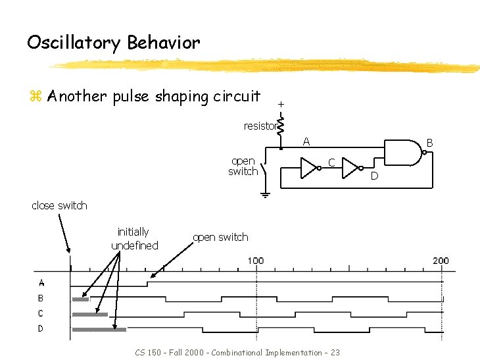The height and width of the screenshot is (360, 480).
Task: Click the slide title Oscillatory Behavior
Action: pos(113,43)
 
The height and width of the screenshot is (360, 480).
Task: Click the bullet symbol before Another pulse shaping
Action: pos(35,97)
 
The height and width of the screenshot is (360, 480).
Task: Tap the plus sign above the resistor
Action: pos(281,104)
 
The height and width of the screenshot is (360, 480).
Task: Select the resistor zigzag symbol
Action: pos(281,124)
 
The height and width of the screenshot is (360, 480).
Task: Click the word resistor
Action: pos(259,126)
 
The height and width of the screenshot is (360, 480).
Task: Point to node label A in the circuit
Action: pos(306,141)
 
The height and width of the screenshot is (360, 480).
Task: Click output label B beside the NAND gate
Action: pos(429,142)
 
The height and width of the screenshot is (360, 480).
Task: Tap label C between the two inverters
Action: pos(332,162)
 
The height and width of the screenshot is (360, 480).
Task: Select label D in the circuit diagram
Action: pos(374,176)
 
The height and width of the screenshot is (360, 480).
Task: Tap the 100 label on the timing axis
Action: pos(256,261)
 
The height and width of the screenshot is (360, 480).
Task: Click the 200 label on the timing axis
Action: pos(441,261)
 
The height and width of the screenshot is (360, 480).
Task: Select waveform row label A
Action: pos(41,283)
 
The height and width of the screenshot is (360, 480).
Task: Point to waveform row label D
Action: pos(41,328)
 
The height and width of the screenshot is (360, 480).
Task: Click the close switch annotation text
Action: pos(59,205)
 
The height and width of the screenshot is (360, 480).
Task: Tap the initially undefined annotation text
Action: pos(134,238)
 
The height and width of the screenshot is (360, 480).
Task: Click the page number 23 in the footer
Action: pos(335,353)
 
